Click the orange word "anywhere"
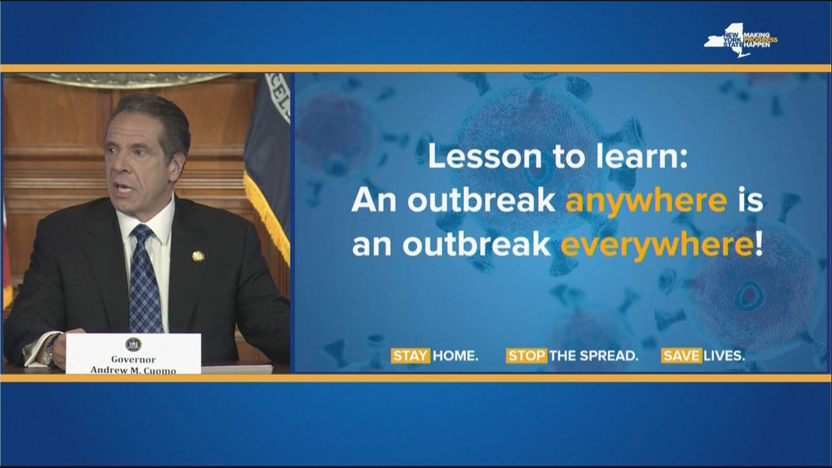click(x=646, y=201)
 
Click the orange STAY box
click(x=411, y=356)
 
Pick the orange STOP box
click(x=526, y=356)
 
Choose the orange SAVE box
click(x=681, y=356)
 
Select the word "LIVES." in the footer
click(x=724, y=356)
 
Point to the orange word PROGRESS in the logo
click(x=761, y=40)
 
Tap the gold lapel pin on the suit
click(x=197, y=256)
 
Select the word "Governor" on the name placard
click(x=133, y=359)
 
